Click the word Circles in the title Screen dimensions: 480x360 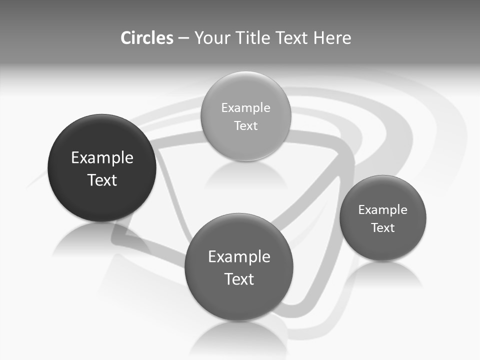[146, 38]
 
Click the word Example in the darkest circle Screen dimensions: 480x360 [102, 158]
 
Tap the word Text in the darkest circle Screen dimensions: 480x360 [102, 180]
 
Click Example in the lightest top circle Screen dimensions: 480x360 [245, 108]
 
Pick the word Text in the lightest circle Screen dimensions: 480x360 [245, 125]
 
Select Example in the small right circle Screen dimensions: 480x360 [383, 210]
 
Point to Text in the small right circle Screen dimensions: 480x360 [383, 228]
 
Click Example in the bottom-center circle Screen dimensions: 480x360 [239, 257]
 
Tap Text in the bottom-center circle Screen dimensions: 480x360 [239, 279]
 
